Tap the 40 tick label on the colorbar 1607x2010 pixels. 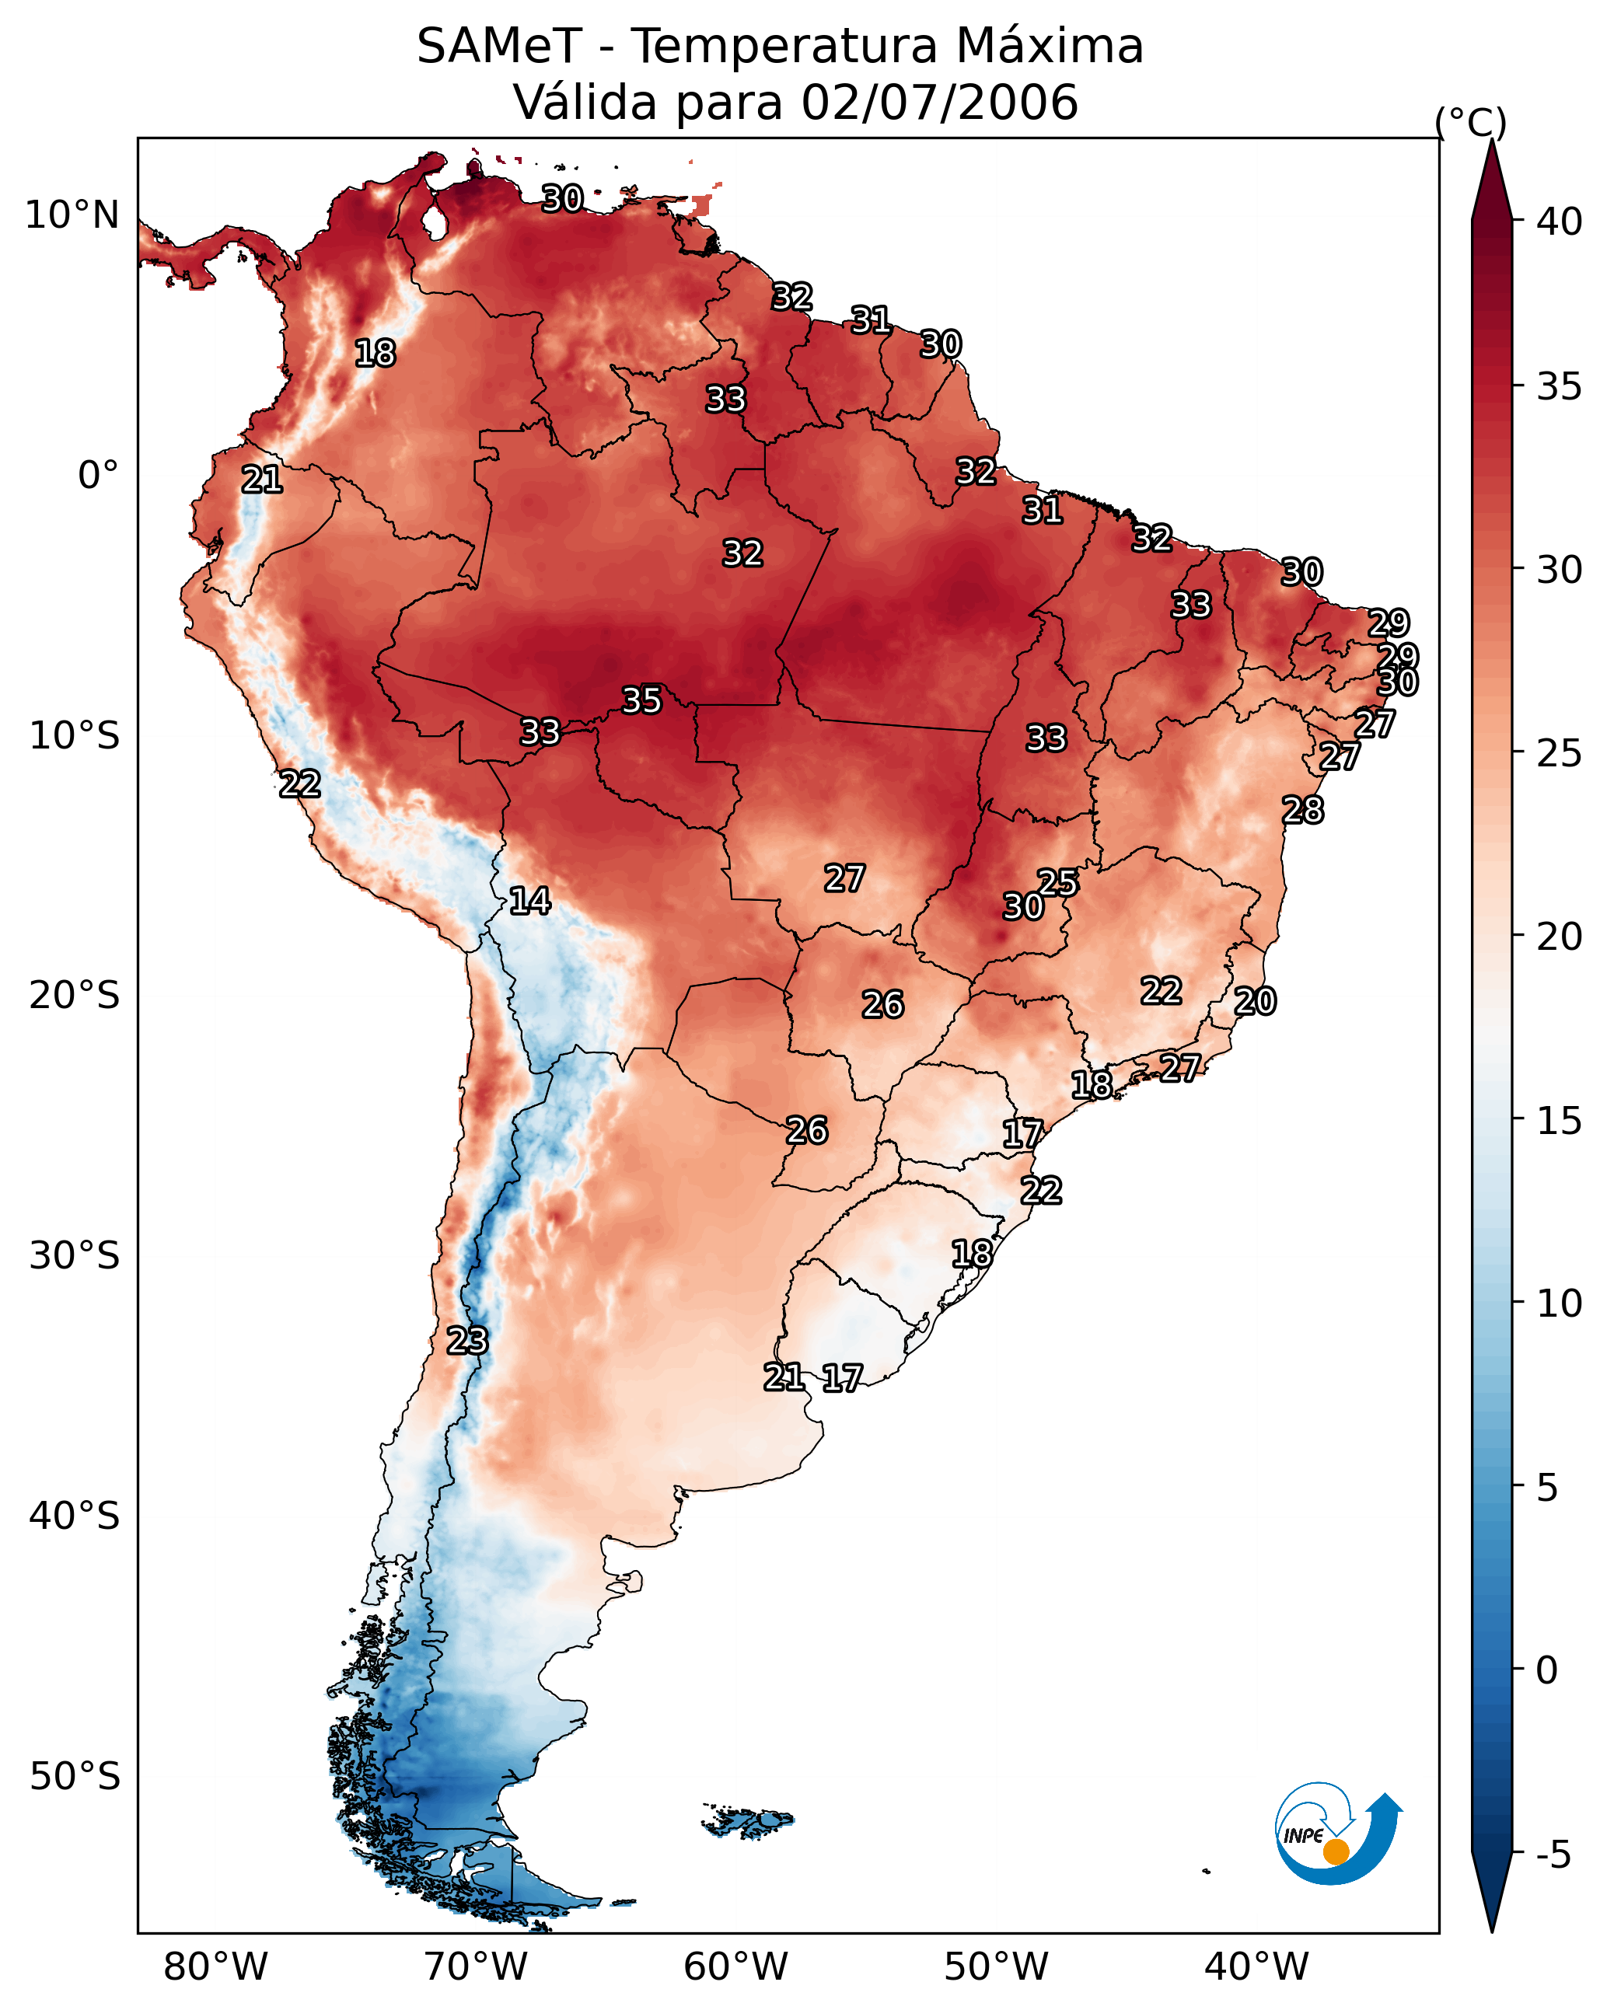1560,222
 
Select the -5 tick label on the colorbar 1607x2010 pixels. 1554,1855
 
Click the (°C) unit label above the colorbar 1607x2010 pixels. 1470,122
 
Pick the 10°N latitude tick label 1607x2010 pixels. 72,215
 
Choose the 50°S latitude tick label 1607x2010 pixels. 75,1776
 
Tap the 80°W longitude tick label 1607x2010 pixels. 215,1966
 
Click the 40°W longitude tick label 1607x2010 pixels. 1256,1966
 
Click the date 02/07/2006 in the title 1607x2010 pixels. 940,103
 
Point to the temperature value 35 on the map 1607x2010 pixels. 641,700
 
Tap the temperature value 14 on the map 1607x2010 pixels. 529,901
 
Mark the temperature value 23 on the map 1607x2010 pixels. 466,1341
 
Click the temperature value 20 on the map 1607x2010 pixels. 1255,1001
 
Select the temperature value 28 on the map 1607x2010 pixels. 1302,810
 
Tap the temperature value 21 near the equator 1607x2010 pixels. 261,480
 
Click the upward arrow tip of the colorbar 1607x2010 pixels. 1491,140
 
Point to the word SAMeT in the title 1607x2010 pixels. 499,47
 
